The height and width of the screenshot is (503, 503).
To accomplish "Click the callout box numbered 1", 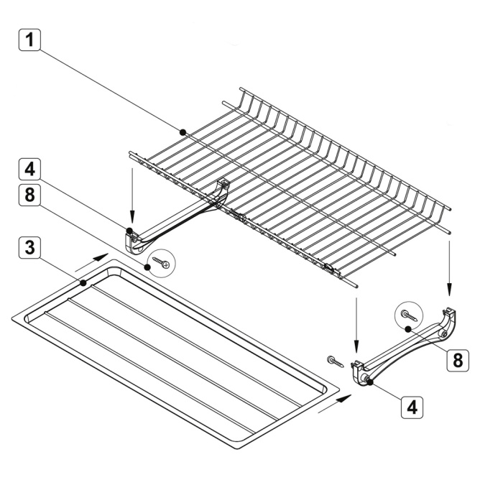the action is coord(29,40).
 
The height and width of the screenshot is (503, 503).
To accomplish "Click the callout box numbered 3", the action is coord(29,248).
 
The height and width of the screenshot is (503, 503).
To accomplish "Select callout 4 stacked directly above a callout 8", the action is coord(29,169).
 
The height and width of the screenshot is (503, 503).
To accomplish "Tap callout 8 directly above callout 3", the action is coord(29,195).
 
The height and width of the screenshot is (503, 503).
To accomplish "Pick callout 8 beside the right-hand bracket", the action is coord(458,361).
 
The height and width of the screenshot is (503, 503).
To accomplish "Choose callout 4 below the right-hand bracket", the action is coord(412,407).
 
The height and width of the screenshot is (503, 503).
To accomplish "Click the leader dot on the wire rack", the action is coord(183,131).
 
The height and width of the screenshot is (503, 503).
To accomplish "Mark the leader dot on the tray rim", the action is coord(83,283).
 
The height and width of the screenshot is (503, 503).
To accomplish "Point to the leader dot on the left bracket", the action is coord(129,231).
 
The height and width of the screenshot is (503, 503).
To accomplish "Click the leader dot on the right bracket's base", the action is coord(370,382).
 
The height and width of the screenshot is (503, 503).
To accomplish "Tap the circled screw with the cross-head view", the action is coord(161,262).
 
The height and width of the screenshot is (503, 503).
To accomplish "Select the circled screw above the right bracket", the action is coord(409,315).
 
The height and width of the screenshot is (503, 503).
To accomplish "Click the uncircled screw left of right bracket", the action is coord(336,361).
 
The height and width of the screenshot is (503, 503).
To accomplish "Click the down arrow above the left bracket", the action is coord(132,195).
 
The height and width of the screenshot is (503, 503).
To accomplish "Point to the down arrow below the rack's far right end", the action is coord(449,268).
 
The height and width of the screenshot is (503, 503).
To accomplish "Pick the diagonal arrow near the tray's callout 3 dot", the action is coord(93,262).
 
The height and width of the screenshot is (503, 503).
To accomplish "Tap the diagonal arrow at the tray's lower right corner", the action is coord(335,404).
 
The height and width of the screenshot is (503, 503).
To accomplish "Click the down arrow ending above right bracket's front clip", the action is coord(356,325).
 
